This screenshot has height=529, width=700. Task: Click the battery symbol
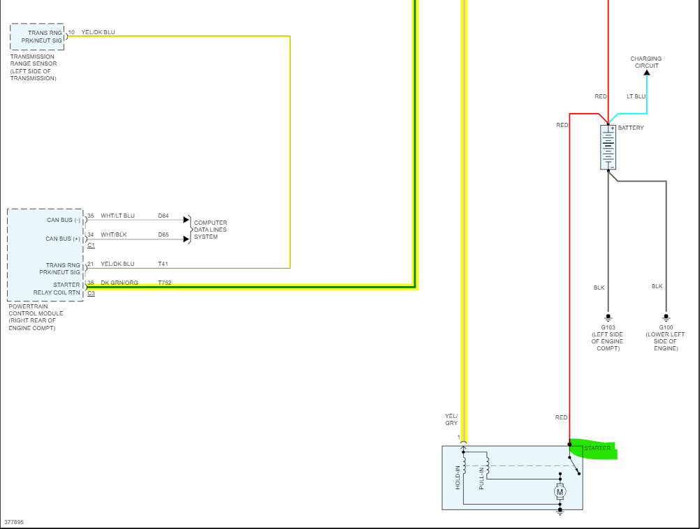(608, 147)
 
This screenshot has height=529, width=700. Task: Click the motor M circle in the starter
(560, 492)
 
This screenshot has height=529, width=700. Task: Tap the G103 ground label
(608, 327)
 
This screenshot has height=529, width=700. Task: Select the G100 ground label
(666, 327)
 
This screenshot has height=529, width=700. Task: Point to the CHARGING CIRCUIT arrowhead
(646, 72)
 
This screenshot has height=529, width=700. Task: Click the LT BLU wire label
(636, 96)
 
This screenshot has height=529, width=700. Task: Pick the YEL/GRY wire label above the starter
(451, 419)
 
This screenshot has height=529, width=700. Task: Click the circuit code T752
(165, 283)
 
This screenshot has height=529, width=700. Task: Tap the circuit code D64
(163, 216)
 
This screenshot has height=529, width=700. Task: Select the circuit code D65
(163, 234)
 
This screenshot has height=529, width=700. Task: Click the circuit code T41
(163, 264)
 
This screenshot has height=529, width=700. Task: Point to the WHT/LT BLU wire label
(117, 216)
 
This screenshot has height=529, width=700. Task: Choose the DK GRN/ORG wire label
(119, 283)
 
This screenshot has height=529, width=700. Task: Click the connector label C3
(91, 293)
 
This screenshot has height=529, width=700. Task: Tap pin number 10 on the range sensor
(71, 32)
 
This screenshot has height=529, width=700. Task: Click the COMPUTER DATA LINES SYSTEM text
(210, 230)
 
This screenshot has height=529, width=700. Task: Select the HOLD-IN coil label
(458, 477)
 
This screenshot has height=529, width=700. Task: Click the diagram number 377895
(13, 522)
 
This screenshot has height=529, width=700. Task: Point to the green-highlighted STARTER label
(597, 448)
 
